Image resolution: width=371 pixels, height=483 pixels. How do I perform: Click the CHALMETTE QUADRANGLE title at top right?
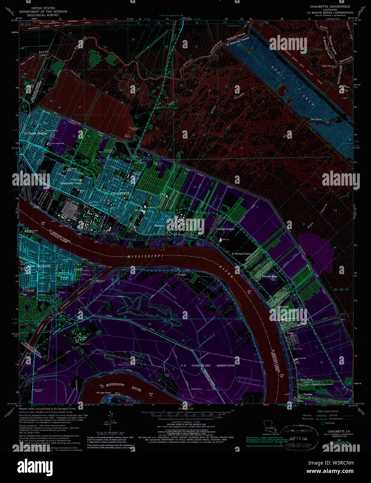pos(330,7)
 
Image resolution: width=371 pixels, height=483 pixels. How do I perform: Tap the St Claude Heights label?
pos(35,133)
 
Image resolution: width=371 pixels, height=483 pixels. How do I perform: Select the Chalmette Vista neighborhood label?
pos(71,183)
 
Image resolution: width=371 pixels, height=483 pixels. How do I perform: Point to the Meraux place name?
pos(159,226)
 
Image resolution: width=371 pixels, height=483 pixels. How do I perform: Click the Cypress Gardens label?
pos(225,229)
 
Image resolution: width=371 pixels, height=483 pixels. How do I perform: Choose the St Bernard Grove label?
pos(241,254)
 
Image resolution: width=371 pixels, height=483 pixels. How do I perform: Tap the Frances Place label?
pos(270,277)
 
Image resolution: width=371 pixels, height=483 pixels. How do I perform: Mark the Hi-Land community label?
pos(284,307)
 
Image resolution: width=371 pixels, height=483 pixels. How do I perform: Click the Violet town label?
pos(290,333)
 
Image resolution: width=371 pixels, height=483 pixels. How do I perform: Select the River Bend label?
pos(306,380)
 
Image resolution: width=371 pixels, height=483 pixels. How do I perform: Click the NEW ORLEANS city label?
pos(39,266)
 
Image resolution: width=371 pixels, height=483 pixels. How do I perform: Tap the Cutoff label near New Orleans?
pos(78,269)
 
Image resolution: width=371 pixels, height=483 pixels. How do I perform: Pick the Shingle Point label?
pos(103,393)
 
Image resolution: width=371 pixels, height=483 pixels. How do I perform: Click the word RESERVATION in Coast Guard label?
pos(226,366)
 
